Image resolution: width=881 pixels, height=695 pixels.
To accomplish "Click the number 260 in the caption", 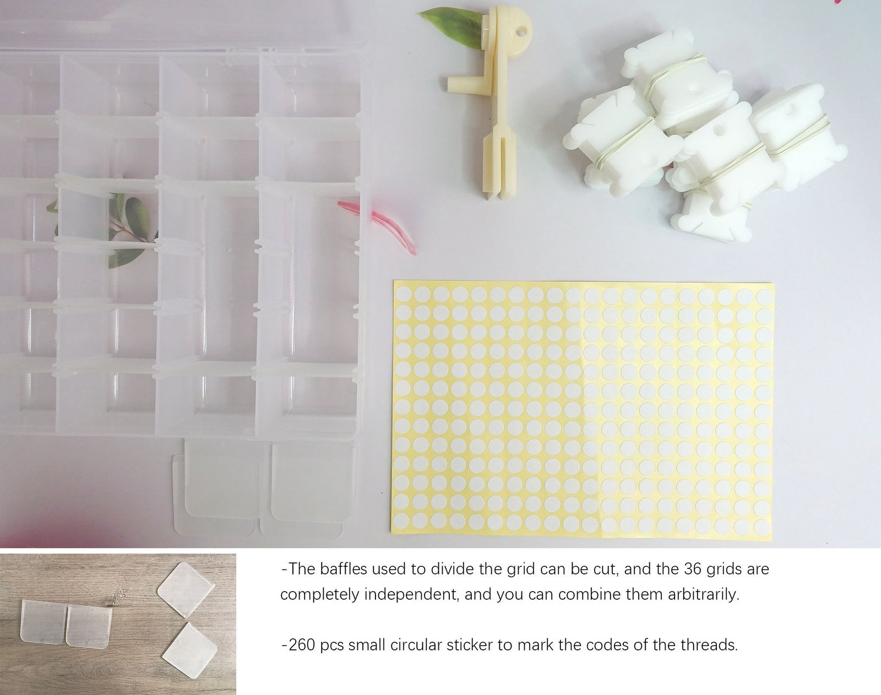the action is [302, 645].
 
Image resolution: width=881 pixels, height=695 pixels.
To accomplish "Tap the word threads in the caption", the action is [709, 645].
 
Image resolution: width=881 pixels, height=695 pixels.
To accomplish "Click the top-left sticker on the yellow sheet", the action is [403, 294].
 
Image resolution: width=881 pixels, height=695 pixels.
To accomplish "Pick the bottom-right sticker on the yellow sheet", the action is [762, 526].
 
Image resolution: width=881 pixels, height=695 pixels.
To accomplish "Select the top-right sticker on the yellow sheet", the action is [764, 296].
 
